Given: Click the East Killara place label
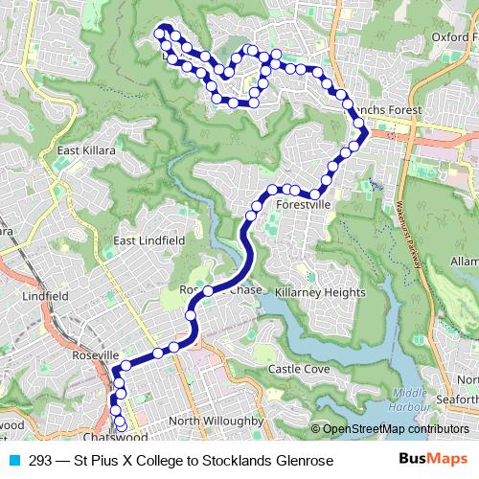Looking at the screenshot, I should (x=86, y=150).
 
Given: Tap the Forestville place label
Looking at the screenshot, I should (x=303, y=205).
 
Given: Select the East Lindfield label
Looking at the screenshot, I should (x=148, y=239).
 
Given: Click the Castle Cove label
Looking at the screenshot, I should (x=299, y=368).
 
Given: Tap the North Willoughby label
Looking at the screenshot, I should (x=215, y=421).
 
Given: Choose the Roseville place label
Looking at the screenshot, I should (x=94, y=354).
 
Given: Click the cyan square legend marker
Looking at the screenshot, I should (x=13, y=461).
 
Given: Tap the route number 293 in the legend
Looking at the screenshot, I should (x=41, y=461).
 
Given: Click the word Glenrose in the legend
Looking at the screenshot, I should (x=303, y=461).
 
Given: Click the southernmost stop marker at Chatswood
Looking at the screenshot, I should (x=121, y=427).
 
